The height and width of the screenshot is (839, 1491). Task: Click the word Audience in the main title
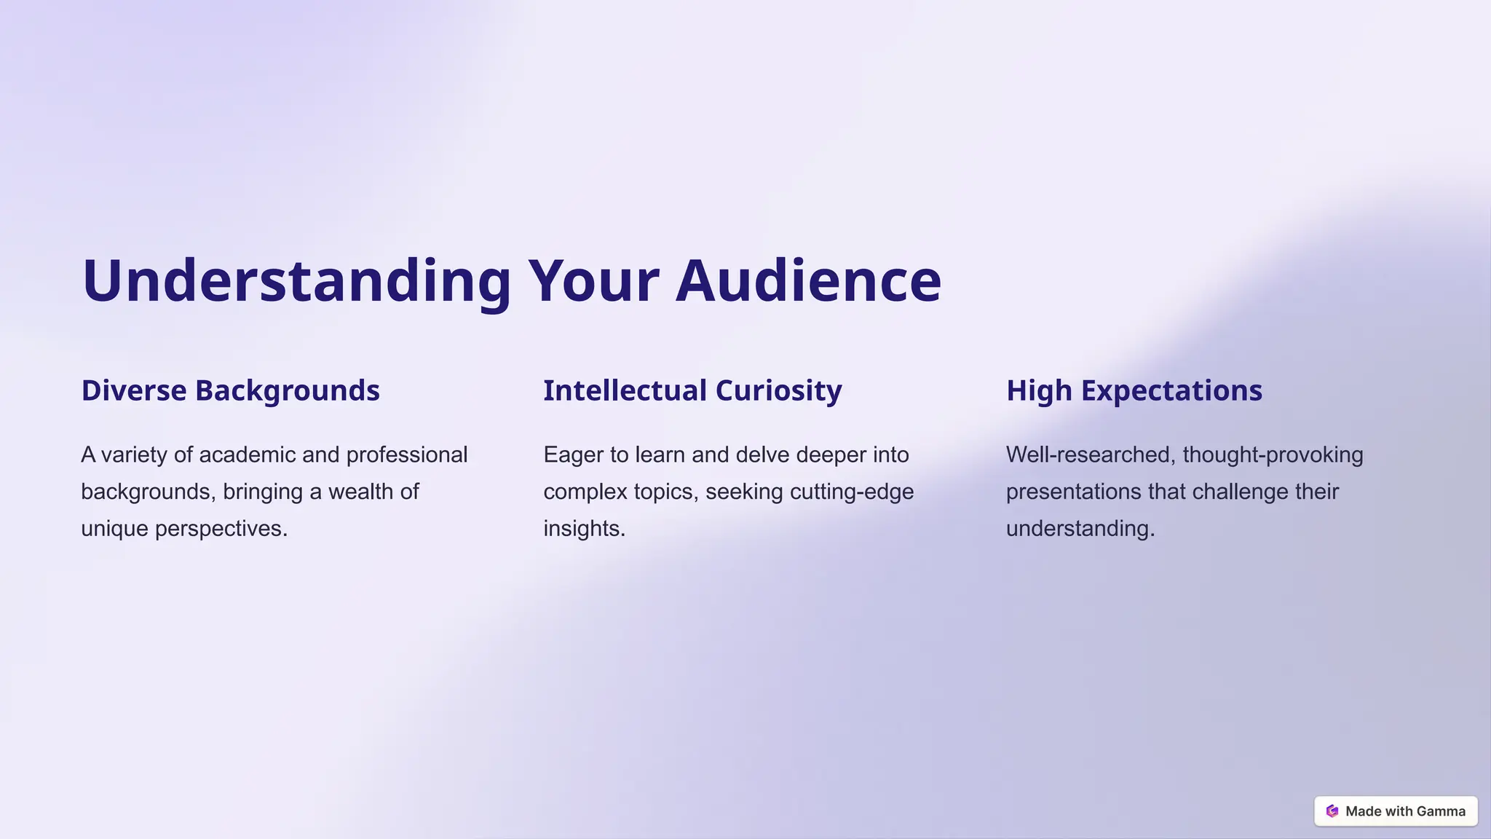[x=808, y=280]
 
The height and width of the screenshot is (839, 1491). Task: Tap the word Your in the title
[x=593, y=280]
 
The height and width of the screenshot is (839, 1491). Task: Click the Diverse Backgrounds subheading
[x=230, y=390]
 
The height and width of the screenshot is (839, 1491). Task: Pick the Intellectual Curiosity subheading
[x=692, y=390]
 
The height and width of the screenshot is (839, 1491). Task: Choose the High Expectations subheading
[x=1134, y=390]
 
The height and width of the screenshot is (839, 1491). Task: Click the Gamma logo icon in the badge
[x=1332, y=811]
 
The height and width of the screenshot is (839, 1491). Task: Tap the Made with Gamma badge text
[x=1405, y=811]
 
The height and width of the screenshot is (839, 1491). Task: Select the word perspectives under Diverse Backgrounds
[x=221, y=529]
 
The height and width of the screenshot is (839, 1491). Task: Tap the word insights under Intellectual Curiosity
[x=584, y=529]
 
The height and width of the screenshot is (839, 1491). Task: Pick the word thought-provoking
[x=1273, y=455]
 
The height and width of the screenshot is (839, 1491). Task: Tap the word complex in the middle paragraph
[x=585, y=492]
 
